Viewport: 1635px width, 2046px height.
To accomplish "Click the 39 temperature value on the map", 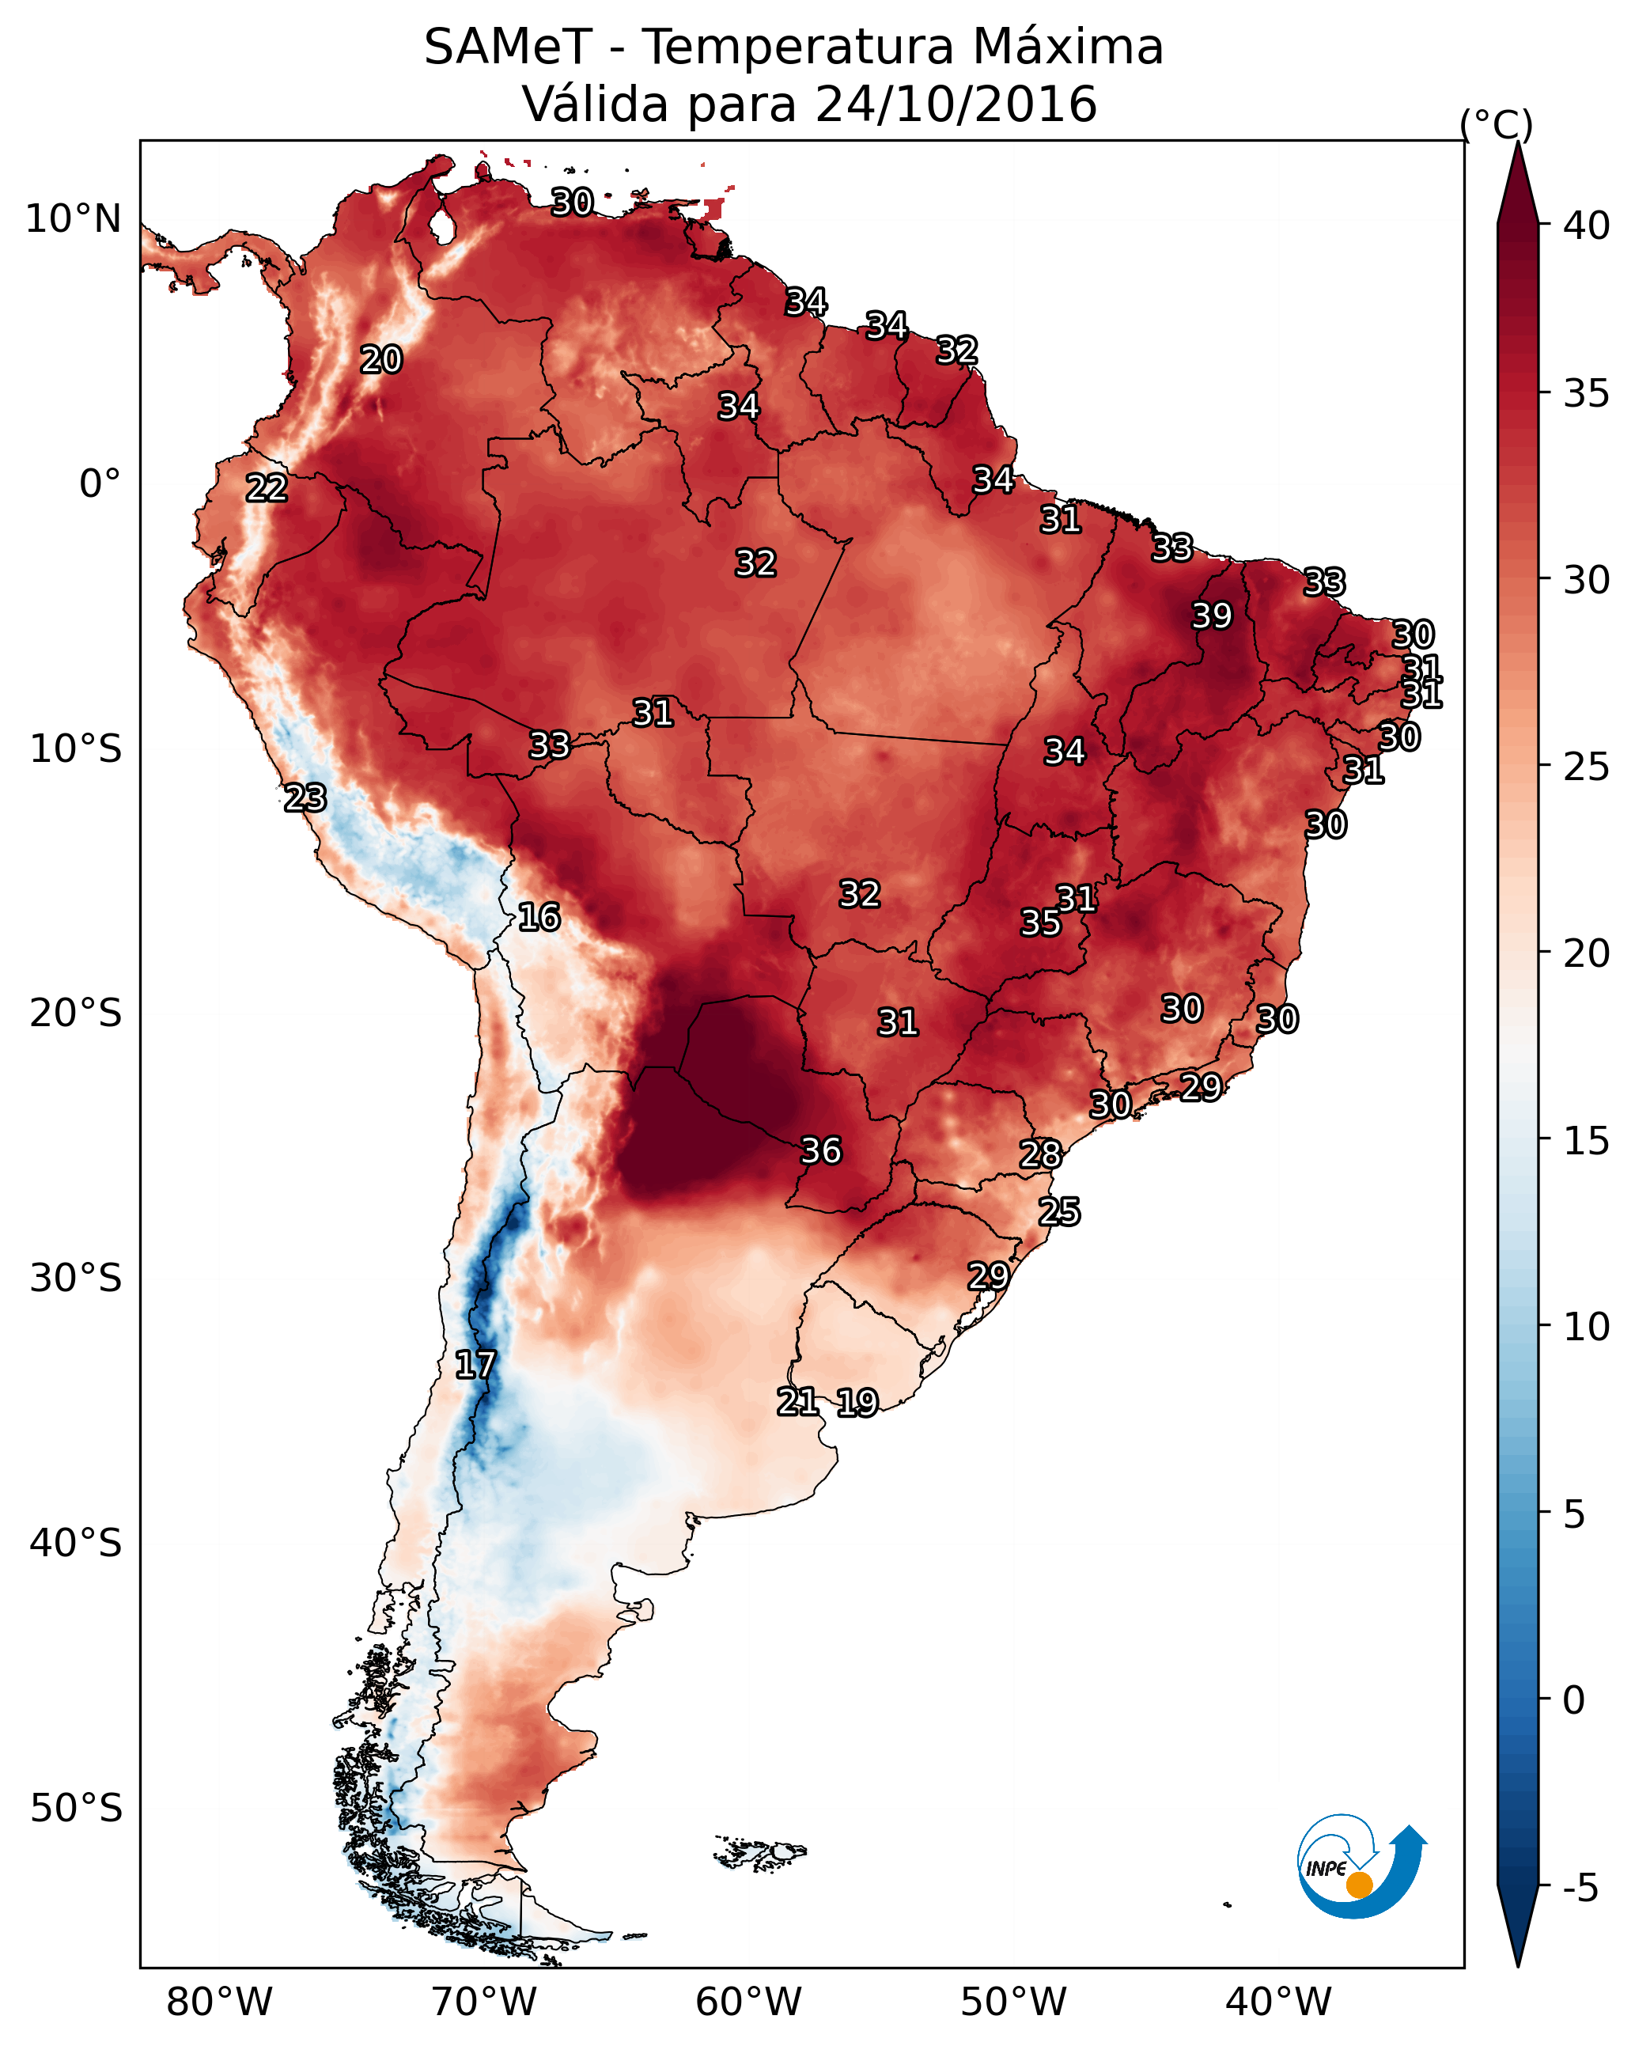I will [x=1212, y=616].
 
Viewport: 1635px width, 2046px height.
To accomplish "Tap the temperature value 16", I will [x=539, y=917].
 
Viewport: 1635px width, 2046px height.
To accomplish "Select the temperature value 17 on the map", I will [x=475, y=1365].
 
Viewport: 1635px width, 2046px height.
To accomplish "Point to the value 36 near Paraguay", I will [x=821, y=1150].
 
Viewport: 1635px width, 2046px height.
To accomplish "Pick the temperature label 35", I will [x=1040, y=923].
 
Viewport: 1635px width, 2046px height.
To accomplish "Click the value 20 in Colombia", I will [x=381, y=360].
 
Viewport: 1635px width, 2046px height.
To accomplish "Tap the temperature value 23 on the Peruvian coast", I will [x=305, y=798].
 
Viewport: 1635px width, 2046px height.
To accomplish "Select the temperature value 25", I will [x=1059, y=1212].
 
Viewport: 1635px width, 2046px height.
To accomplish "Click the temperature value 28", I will [x=1040, y=1154].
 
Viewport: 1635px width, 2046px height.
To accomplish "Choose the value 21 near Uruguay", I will [x=797, y=1402].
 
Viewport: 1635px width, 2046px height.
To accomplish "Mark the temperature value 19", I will [x=857, y=1403].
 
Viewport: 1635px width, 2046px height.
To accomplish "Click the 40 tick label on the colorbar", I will [x=1586, y=225].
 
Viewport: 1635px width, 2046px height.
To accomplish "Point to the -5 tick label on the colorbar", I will [x=1580, y=1889].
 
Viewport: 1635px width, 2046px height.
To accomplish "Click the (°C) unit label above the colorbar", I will [x=1496, y=124].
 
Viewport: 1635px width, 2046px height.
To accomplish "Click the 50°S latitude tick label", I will [x=76, y=1808].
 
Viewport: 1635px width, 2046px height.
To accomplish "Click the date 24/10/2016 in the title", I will [x=956, y=104].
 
